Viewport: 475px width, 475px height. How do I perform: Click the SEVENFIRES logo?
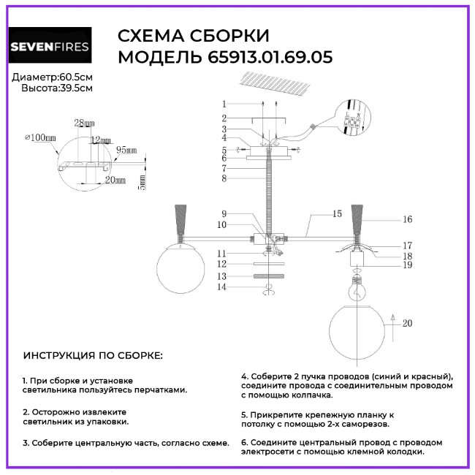[x=50, y=47]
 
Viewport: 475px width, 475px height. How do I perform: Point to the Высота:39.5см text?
[x=58, y=88]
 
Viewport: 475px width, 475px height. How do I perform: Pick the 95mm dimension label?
[x=126, y=150]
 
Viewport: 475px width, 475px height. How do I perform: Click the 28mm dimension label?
[x=85, y=123]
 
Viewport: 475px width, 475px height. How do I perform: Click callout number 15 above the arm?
[x=336, y=214]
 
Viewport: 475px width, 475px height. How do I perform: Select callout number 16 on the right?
[x=407, y=219]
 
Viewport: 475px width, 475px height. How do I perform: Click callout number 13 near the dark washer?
[x=224, y=276]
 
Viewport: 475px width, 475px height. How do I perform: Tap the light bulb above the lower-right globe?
[x=357, y=287]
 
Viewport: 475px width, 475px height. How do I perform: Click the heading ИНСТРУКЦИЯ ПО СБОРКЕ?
[x=93, y=356]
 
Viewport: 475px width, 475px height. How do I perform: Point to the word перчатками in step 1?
[x=159, y=390]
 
